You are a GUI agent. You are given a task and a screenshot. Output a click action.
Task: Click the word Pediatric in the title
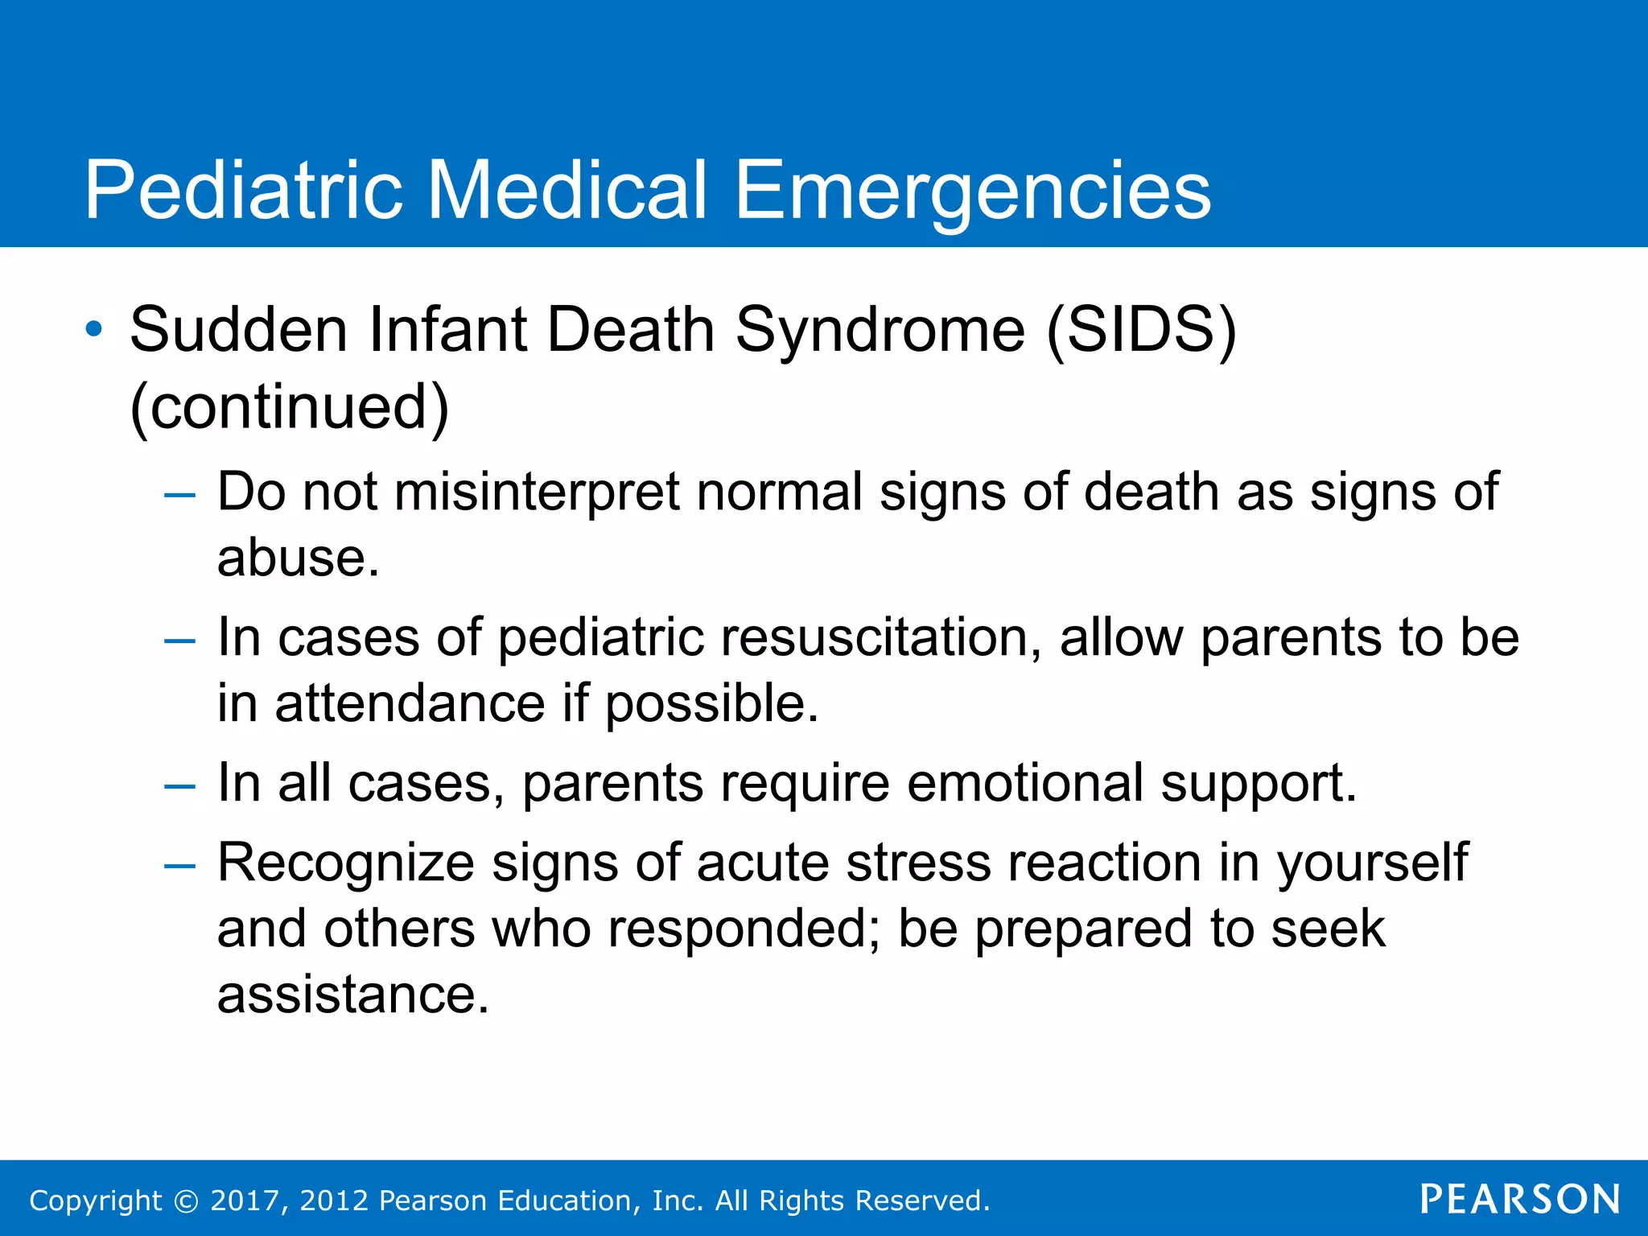[x=244, y=191]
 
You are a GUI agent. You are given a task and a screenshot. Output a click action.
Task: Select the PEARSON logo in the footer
[x=1520, y=1199]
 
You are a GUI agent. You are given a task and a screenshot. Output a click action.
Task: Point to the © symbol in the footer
[x=186, y=1201]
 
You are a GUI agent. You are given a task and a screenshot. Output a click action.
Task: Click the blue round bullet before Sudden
[x=94, y=329]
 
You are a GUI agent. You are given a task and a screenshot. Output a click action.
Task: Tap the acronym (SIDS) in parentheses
[x=1141, y=329]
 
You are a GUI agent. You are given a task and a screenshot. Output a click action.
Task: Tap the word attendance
[x=410, y=703]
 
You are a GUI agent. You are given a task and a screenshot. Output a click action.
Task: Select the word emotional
[x=1024, y=782]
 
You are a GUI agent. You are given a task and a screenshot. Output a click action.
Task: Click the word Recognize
[x=346, y=863]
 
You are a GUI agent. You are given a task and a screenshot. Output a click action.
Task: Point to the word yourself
[x=1373, y=863]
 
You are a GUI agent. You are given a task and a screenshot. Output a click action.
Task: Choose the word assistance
[x=352, y=995]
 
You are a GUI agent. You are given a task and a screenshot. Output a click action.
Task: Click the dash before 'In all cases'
[x=179, y=786]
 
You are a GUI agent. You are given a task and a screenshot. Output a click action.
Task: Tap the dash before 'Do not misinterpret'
[x=179, y=495]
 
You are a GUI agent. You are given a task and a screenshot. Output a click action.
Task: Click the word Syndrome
[x=880, y=329]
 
